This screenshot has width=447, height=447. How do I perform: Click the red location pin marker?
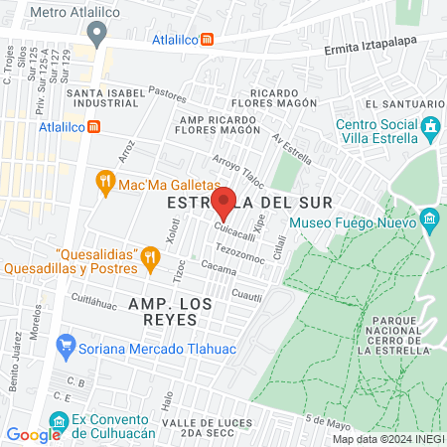224,202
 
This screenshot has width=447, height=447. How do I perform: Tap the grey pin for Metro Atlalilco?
96,33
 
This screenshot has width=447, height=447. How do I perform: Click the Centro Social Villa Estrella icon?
430,127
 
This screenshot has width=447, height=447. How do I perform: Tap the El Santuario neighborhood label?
397,104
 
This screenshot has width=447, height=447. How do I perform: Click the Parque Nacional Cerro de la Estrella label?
397,335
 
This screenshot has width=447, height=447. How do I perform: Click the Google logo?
34,434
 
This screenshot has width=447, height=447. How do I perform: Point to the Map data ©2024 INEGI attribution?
387,439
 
